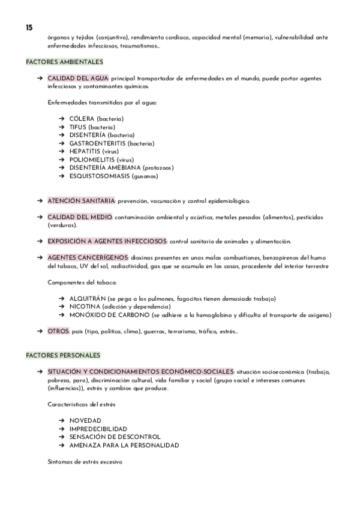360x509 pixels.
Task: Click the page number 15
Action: coord(29,28)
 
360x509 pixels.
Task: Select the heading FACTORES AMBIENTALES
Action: coord(65,62)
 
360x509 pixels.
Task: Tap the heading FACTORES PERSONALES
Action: coord(63,355)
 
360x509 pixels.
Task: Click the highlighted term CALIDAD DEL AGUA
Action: coord(78,79)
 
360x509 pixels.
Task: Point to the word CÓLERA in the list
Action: coord(82,119)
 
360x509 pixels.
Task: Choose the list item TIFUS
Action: coord(78,127)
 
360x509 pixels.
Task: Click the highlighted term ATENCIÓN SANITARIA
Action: coord(81,200)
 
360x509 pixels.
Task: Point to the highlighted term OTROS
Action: coord(58,331)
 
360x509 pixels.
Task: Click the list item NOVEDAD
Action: coord(85,421)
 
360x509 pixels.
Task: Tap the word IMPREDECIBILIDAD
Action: coord(98,429)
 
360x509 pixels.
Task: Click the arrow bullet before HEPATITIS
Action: coord(62,152)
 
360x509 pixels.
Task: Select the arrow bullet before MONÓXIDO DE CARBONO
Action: coord(62,315)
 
